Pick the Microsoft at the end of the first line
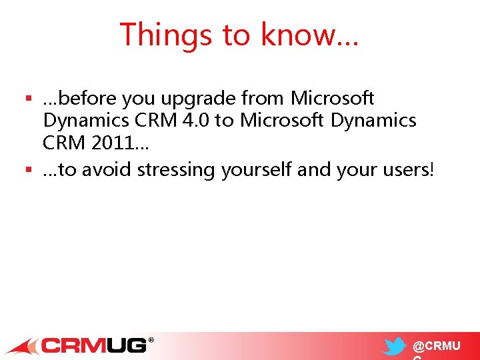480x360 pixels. tap(333, 99)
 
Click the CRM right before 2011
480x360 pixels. tap(62, 143)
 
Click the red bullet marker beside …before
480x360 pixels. tap(29, 99)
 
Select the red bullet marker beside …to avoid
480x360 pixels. tap(29, 171)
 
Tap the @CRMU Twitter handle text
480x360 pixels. tap(436, 347)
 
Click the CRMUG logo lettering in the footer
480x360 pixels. tap(93, 345)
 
